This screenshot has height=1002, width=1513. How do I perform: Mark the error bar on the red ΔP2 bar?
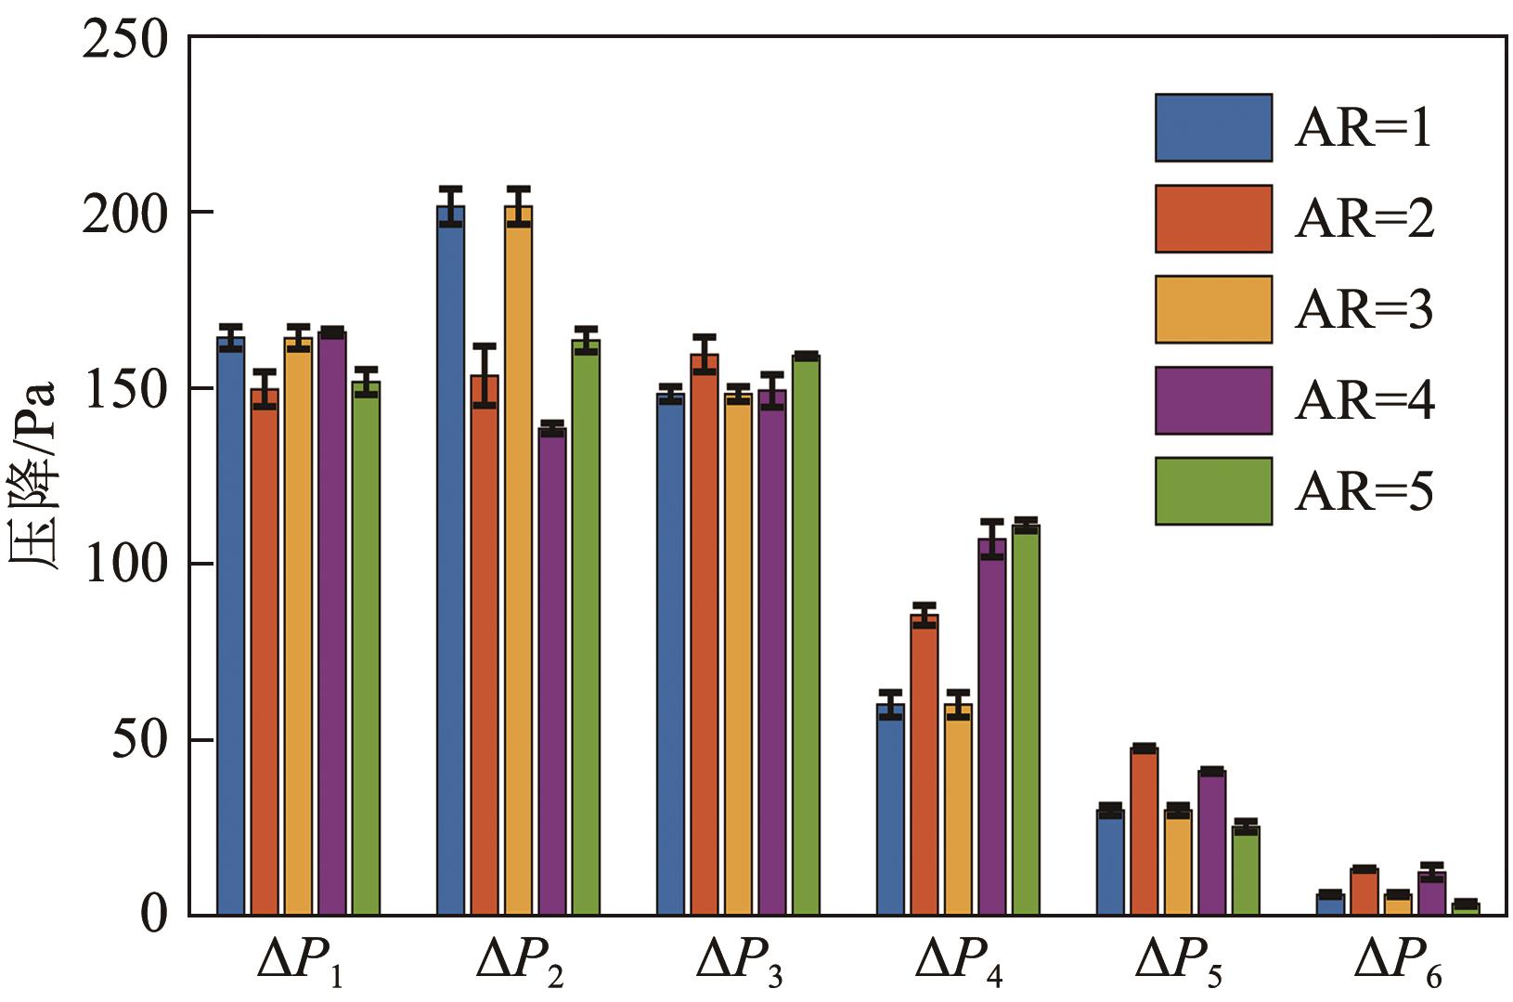(485, 375)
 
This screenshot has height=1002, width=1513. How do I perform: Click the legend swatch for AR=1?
(1213, 127)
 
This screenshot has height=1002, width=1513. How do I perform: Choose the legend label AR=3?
(1364, 309)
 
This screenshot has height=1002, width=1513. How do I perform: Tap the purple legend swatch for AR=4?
(1213, 400)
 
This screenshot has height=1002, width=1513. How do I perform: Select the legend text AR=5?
(1364, 491)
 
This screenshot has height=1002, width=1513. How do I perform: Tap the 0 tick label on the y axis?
(152, 916)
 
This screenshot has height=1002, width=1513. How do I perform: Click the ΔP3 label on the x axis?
(739, 964)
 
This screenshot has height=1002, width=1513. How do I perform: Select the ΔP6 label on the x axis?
(1398, 964)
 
